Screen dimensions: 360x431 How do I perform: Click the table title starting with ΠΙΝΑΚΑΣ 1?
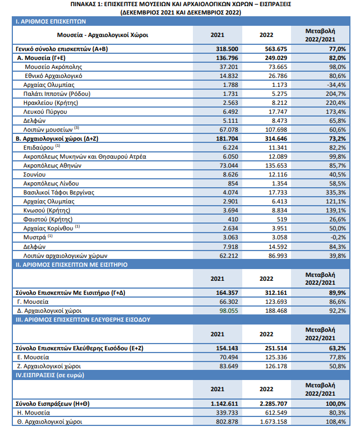click(181, 8)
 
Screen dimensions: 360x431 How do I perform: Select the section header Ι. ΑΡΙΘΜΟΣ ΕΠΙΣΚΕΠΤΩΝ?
click(50, 21)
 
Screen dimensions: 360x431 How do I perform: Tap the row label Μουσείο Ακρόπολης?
click(53, 67)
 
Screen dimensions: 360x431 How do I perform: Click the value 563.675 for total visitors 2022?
click(276, 49)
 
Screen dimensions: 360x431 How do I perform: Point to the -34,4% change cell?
click(336, 85)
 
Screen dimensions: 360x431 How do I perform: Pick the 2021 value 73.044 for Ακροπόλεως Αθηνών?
click(229, 165)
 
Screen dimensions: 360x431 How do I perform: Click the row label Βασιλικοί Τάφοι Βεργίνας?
click(58, 192)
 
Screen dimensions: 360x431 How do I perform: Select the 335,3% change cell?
click(336, 192)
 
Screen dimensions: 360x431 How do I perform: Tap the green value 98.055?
click(229, 310)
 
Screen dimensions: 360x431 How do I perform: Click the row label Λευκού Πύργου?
click(45, 112)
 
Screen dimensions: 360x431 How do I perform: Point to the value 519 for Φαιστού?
click(281, 219)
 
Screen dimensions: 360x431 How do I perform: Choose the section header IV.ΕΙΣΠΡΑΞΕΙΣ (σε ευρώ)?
click(50, 375)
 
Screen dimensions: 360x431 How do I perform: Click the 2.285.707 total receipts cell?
click(274, 404)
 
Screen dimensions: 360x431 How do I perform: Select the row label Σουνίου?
click(34, 174)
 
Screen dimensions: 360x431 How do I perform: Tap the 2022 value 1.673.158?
click(274, 421)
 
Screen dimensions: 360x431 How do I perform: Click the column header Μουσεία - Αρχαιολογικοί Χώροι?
click(103, 35)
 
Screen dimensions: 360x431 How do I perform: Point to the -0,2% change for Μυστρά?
click(338, 237)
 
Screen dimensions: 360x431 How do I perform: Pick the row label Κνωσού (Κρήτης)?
click(47, 210)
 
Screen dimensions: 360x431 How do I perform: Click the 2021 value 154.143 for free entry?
click(227, 348)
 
